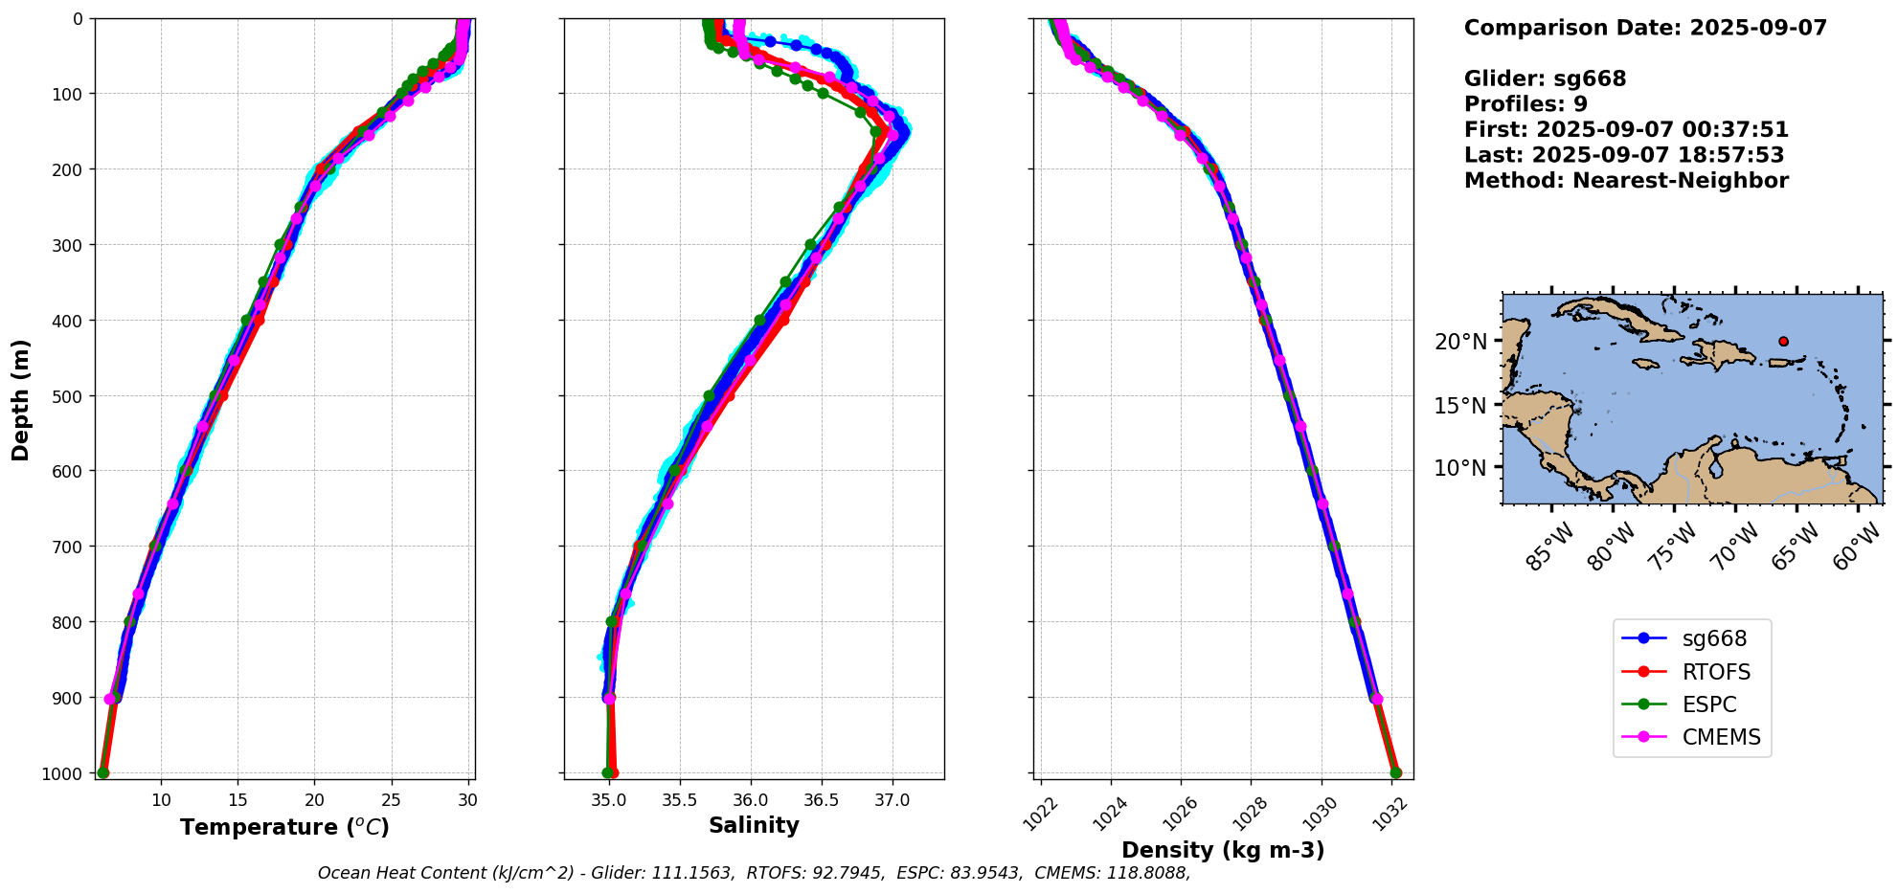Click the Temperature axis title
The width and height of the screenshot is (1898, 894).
284,827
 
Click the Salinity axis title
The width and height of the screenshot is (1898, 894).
754,825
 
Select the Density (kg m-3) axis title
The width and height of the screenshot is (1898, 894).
1223,850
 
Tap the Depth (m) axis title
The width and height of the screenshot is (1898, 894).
21,399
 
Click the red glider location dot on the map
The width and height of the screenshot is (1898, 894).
1783,341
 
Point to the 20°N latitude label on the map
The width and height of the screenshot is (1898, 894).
1460,342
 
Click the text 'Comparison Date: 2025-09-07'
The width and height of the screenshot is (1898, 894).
1645,28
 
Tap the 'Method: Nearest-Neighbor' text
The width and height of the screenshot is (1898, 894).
1626,181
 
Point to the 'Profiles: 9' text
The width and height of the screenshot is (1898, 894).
1525,104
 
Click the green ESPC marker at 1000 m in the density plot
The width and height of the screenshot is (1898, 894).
1395,772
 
